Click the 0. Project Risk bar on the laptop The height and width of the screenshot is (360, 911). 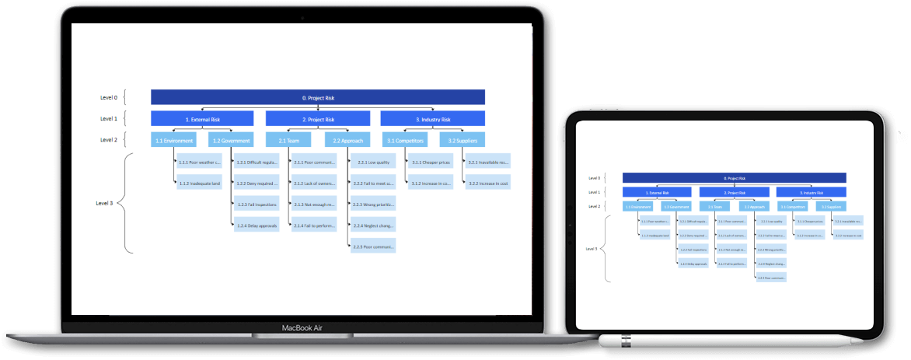[x=318, y=98]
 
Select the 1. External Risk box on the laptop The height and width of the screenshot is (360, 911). [x=203, y=119]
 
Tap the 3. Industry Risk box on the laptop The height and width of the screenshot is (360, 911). [x=432, y=119]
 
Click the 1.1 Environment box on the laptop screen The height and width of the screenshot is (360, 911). [x=173, y=141]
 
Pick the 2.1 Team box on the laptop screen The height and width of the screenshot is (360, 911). [x=288, y=141]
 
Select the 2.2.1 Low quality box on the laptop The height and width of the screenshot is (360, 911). [x=372, y=163]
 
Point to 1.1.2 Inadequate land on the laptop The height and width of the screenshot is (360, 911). [x=200, y=183]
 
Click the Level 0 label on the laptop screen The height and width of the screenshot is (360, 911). [x=109, y=98]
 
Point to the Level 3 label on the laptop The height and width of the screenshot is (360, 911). [x=104, y=203]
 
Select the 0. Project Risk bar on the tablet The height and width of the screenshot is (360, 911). [x=734, y=178]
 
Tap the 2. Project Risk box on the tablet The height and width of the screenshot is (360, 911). [x=734, y=192]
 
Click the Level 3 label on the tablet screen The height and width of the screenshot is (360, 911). [x=592, y=249]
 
